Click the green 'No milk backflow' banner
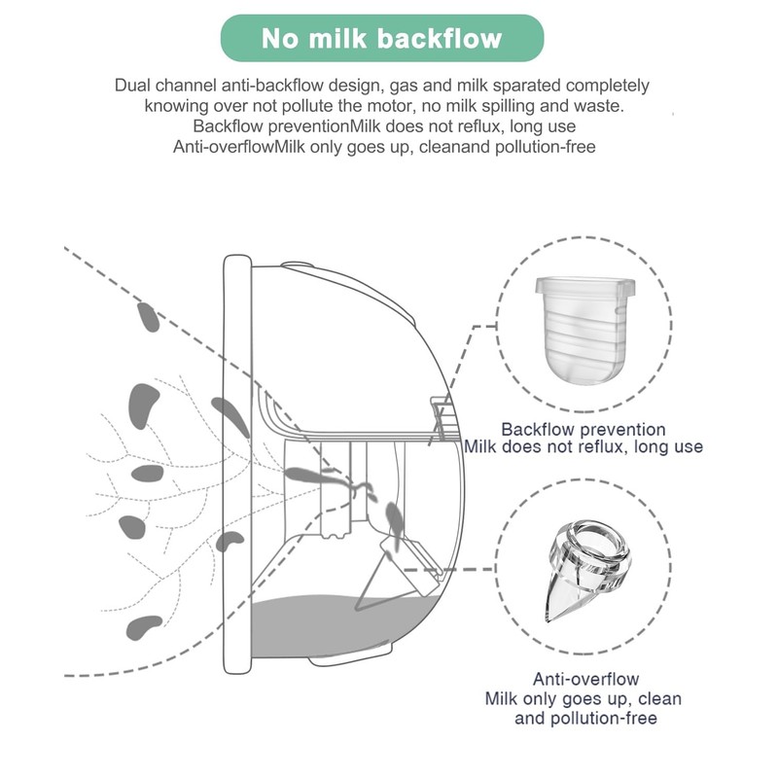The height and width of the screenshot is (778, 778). pyautogui.click(x=382, y=38)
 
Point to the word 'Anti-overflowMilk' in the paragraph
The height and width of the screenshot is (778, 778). pyautogui.click(x=239, y=147)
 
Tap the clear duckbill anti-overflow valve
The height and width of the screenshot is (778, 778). pyautogui.click(x=586, y=569)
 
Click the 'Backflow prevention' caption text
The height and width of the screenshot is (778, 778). pyautogui.click(x=583, y=429)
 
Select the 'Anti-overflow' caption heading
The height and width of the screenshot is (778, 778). pyautogui.click(x=586, y=679)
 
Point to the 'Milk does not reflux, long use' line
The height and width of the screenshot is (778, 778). pyautogui.click(x=583, y=446)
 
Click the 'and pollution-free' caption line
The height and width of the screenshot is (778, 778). pyautogui.click(x=585, y=718)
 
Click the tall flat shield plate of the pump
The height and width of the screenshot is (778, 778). pyautogui.click(x=237, y=465)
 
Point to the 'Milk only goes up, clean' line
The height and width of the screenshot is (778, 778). pyautogui.click(x=583, y=698)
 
